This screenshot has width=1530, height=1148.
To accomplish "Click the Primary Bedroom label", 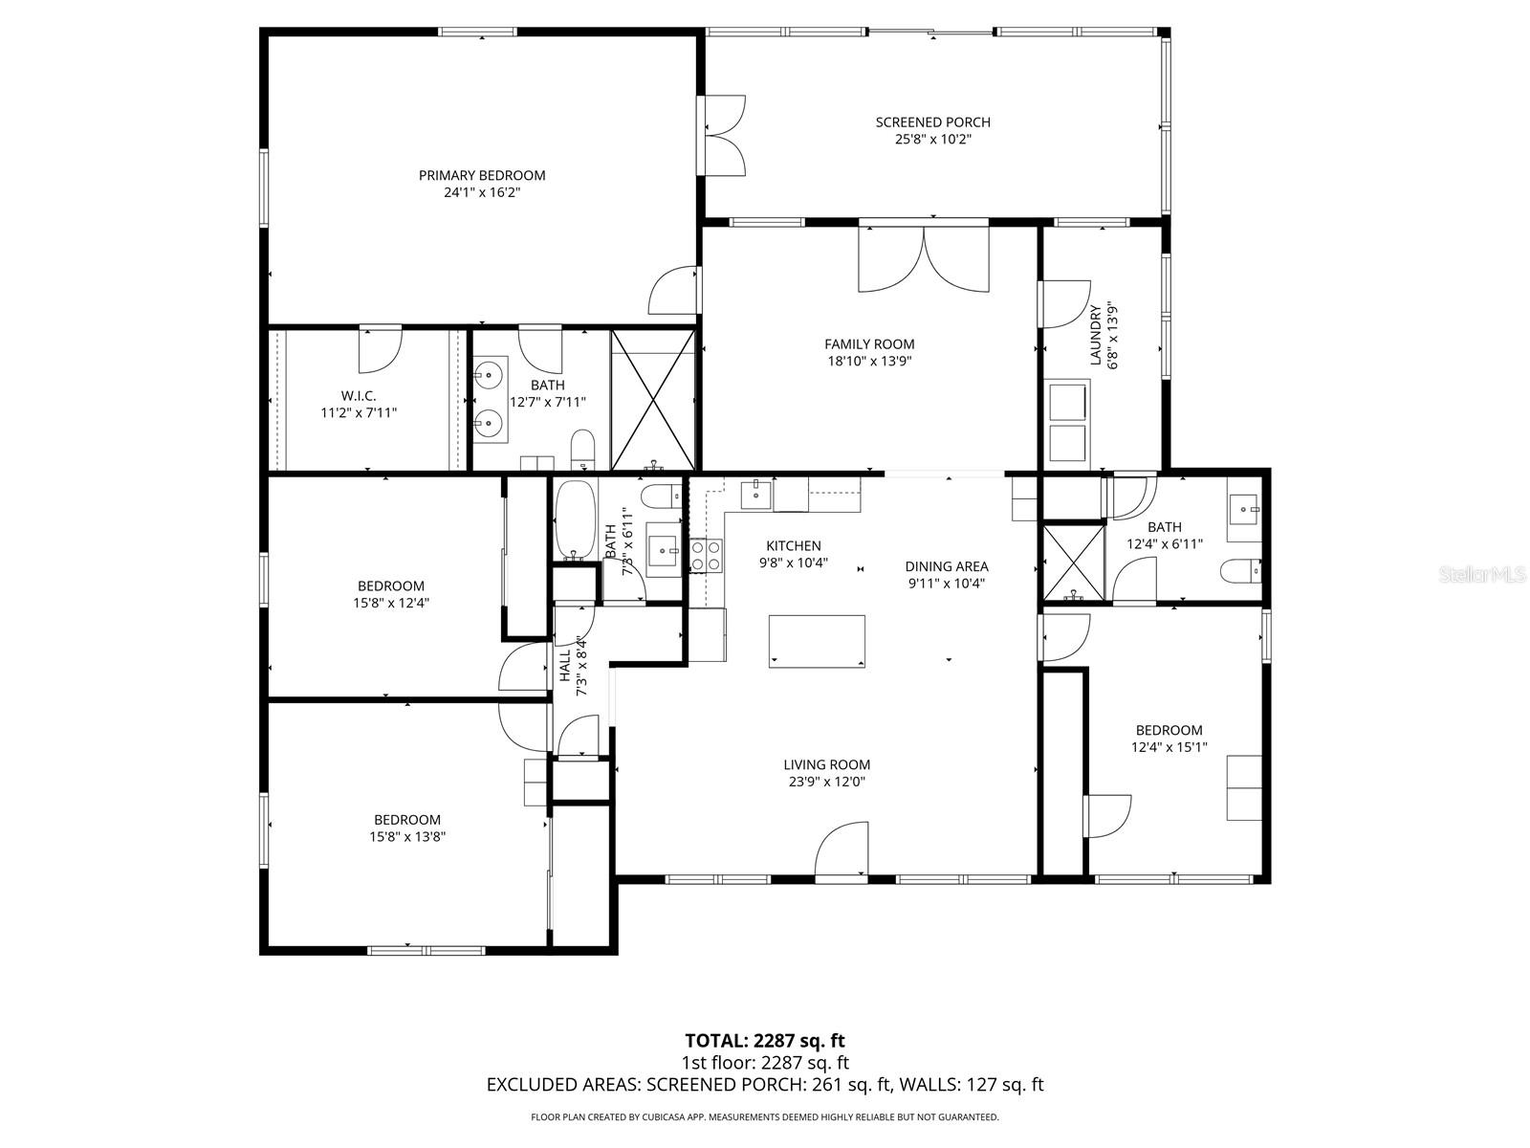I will pyautogui.click(x=482, y=175).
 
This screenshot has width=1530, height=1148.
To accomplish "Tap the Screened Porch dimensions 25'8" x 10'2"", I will pyautogui.click(x=932, y=140).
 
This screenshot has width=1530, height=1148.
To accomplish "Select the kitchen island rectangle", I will pyautogui.click(x=817, y=641).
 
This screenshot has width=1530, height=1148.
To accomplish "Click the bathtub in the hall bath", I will pyautogui.click(x=575, y=520).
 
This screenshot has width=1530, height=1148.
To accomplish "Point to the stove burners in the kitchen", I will pyautogui.click(x=707, y=555).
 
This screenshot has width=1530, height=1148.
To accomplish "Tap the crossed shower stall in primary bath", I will pyautogui.click(x=652, y=399).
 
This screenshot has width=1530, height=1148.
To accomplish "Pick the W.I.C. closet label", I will pyautogui.click(x=359, y=395).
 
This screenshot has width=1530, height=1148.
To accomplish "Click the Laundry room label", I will pyautogui.click(x=1096, y=335).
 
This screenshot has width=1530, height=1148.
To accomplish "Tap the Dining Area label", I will pyautogui.click(x=947, y=566).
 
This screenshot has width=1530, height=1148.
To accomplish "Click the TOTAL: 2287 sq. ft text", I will pyautogui.click(x=765, y=1041).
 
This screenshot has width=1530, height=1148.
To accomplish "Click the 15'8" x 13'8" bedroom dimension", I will pyautogui.click(x=407, y=836).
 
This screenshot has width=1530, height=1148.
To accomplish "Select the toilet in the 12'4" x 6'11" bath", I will pyautogui.click(x=1238, y=571).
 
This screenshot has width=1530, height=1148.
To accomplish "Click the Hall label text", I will pyautogui.click(x=564, y=666).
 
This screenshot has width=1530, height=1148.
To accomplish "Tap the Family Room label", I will pyautogui.click(x=869, y=344).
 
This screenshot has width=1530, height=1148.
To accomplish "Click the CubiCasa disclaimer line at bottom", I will pyautogui.click(x=765, y=1116).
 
